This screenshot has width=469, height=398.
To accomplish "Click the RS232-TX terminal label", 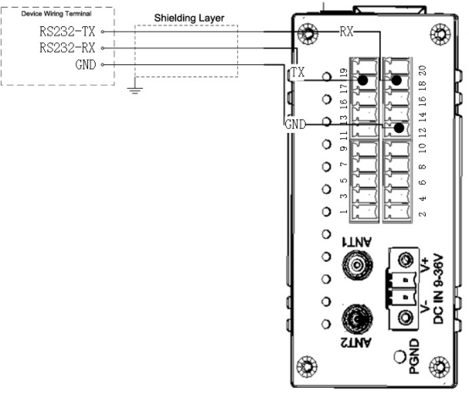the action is point(67,31).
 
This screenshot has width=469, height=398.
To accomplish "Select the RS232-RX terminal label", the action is point(67,48).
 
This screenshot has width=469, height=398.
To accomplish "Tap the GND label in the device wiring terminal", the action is point(86,64).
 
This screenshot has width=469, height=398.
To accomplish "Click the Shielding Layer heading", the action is point(189,18).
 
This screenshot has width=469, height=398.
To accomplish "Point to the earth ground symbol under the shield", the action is point(135,90).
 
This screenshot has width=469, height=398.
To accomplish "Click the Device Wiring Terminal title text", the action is point(56,14).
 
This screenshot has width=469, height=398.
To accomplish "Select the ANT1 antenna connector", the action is point(357,264).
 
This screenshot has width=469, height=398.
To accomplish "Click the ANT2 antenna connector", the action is point(357,319).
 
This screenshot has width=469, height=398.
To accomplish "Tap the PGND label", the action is point(414,357).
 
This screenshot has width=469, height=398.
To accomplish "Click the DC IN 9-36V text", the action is point(439,289).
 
